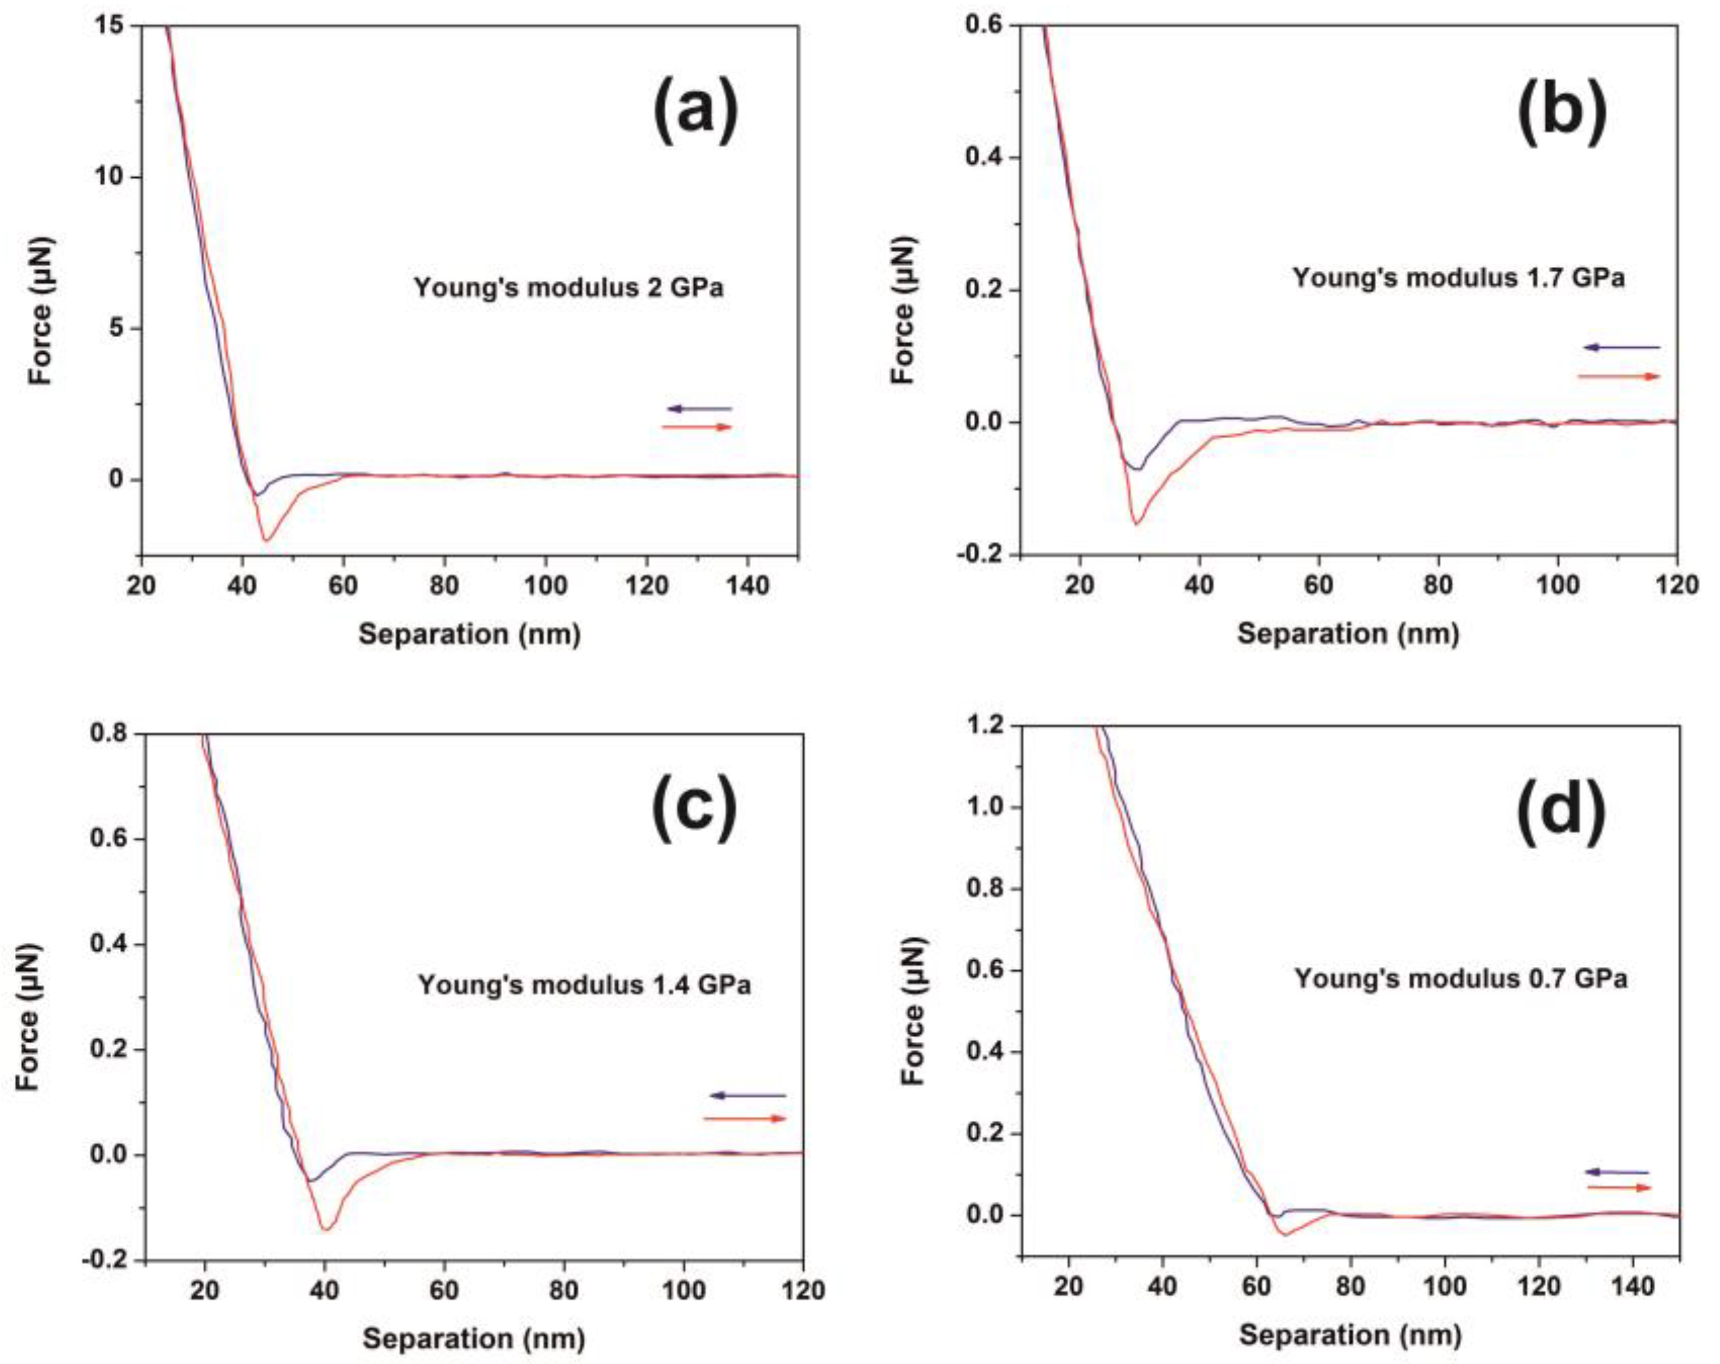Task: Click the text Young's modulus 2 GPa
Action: [x=568, y=287]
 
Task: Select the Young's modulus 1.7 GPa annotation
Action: [x=1458, y=278]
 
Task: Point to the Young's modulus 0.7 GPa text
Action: [x=1460, y=978]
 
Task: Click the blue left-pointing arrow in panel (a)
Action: [x=699, y=409]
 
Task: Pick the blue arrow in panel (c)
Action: [x=747, y=1096]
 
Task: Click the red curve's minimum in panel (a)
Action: [x=266, y=540]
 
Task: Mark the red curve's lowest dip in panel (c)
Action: [x=326, y=1229]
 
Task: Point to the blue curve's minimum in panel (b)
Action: [x=1138, y=469]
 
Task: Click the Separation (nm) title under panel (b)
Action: [x=1347, y=634]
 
